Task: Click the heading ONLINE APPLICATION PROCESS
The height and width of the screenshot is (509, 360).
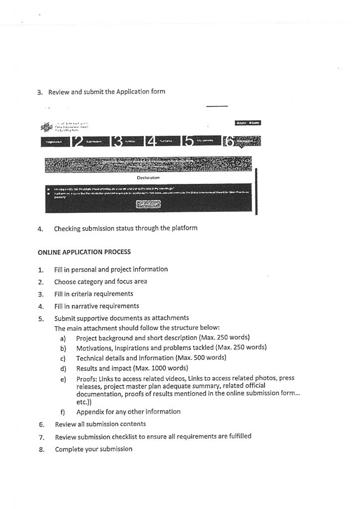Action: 84,252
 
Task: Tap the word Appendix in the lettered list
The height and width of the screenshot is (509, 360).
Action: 90,412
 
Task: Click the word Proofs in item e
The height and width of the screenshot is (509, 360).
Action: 86,378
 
